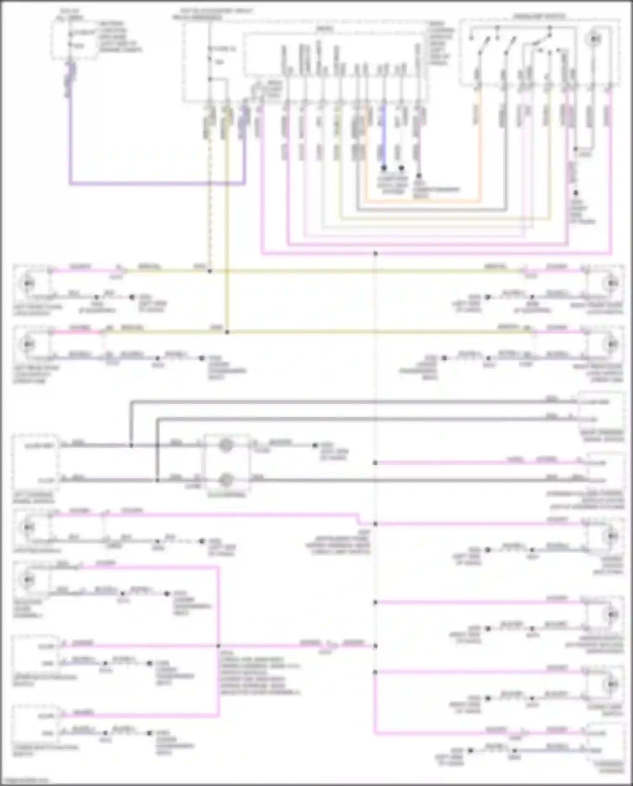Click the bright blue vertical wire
[384, 135]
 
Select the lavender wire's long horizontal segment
[156, 184]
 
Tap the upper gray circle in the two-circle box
[226, 445]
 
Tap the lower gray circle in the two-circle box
[226, 480]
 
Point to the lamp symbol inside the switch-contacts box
[595, 39]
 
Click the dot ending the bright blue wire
[384, 168]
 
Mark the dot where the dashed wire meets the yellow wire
[210, 271]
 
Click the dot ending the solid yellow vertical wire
[227, 332]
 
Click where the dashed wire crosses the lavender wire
[210, 184]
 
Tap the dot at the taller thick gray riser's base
[131, 445]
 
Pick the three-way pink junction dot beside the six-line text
[219, 646]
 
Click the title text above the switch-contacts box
[539, 16]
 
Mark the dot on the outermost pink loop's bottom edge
[375, 254]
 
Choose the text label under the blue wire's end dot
[392, 185]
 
